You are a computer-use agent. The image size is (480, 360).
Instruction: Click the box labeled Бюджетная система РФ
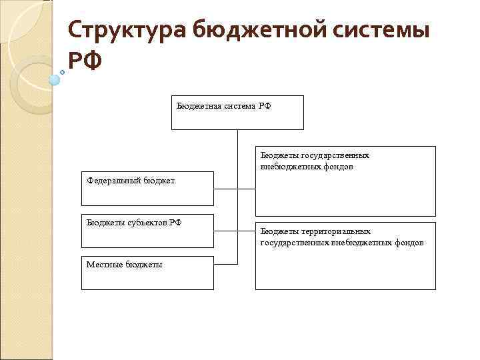click(237, 112)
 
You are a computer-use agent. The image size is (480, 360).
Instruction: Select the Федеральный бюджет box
click(147, 188)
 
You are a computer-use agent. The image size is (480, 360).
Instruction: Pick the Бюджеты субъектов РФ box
click(147, 231)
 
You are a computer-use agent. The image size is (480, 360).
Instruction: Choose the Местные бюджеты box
click(147, 272)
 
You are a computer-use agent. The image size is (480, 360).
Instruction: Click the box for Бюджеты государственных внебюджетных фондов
click(345, 181)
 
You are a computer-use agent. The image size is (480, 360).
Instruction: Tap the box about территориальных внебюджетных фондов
click(345, 255)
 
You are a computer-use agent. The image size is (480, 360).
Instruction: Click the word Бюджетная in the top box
click(199, 106)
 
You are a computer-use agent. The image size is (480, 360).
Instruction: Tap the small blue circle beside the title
click(55, 80)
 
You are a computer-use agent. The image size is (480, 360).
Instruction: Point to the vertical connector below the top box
click(237, 160)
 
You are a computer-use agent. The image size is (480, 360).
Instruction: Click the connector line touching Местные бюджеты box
click(225, 264)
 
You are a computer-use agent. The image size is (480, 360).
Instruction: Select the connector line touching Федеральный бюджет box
click(225, 189)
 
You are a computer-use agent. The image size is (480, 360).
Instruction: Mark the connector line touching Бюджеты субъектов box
click(225, 231)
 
